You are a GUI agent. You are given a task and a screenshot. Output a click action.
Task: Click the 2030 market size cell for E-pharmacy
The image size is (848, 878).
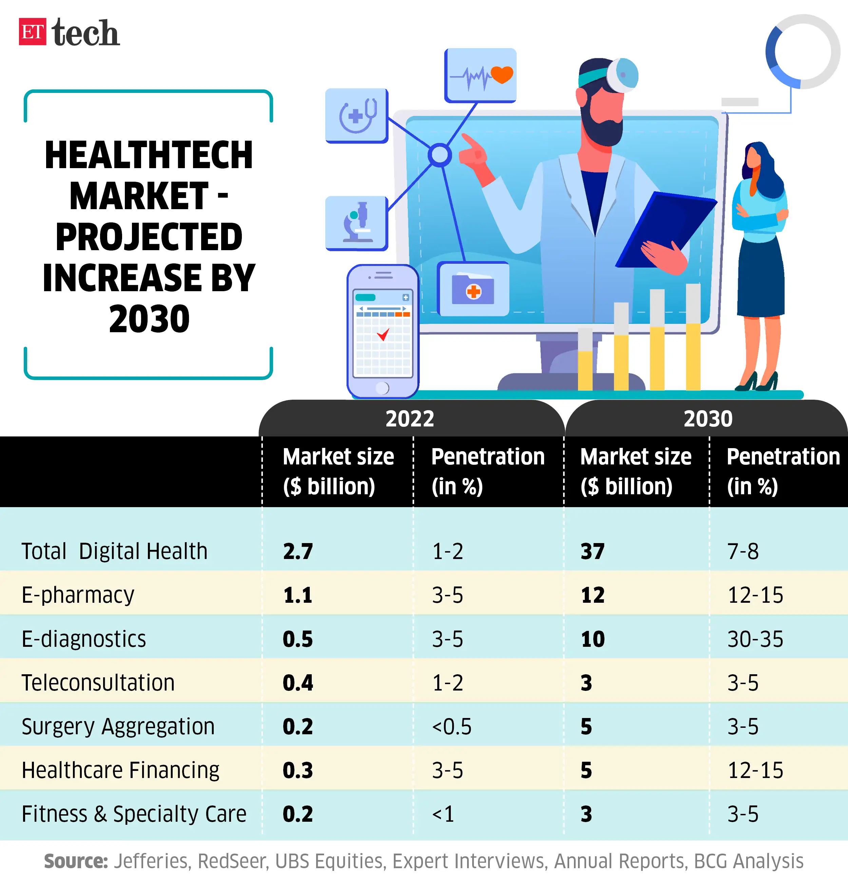point(593,595)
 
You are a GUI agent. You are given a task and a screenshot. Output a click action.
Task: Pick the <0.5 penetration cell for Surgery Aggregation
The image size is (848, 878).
point(451,726)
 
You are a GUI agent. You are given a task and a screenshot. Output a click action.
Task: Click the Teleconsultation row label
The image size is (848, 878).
point(98,683)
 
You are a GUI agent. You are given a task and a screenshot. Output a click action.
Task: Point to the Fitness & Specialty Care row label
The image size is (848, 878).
point(134,814)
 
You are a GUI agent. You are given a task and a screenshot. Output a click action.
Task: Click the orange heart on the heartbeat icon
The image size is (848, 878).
point(502,74)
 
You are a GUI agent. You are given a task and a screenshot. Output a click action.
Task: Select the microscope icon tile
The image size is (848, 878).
point(356,223)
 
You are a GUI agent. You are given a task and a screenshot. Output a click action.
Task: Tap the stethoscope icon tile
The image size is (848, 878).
point(356,116)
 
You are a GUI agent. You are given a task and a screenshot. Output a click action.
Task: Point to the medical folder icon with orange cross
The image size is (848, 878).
point(473,290)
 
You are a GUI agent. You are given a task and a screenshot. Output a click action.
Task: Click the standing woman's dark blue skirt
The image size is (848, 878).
point(760,278)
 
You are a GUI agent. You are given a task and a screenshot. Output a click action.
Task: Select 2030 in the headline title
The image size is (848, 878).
point(149,319)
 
